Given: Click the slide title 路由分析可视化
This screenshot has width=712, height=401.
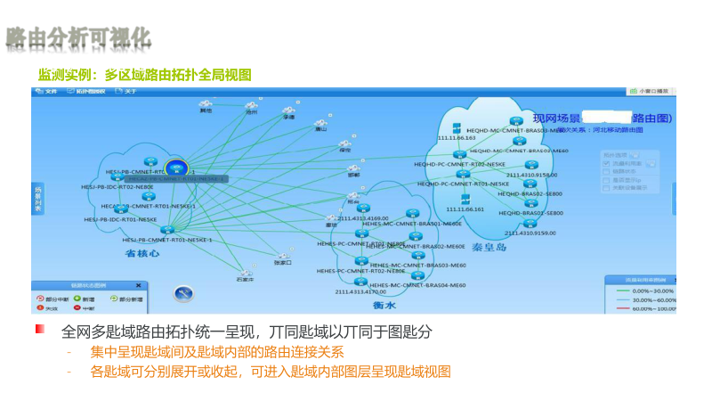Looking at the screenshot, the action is coord(78,37).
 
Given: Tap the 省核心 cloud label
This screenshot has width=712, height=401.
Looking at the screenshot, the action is coord(142,253).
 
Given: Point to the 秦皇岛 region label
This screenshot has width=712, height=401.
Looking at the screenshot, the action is coord(489,247).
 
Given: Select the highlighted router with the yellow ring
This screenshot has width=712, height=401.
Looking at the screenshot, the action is coord(175,167).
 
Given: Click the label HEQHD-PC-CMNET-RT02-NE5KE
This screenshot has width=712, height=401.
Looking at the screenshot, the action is coord(461,165).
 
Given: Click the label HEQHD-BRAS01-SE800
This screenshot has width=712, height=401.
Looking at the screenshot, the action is coord(530,214).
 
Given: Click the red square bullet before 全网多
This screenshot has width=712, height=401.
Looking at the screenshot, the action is coord(39,330).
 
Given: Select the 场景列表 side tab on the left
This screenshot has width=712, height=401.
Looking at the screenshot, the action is coord(38,200).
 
